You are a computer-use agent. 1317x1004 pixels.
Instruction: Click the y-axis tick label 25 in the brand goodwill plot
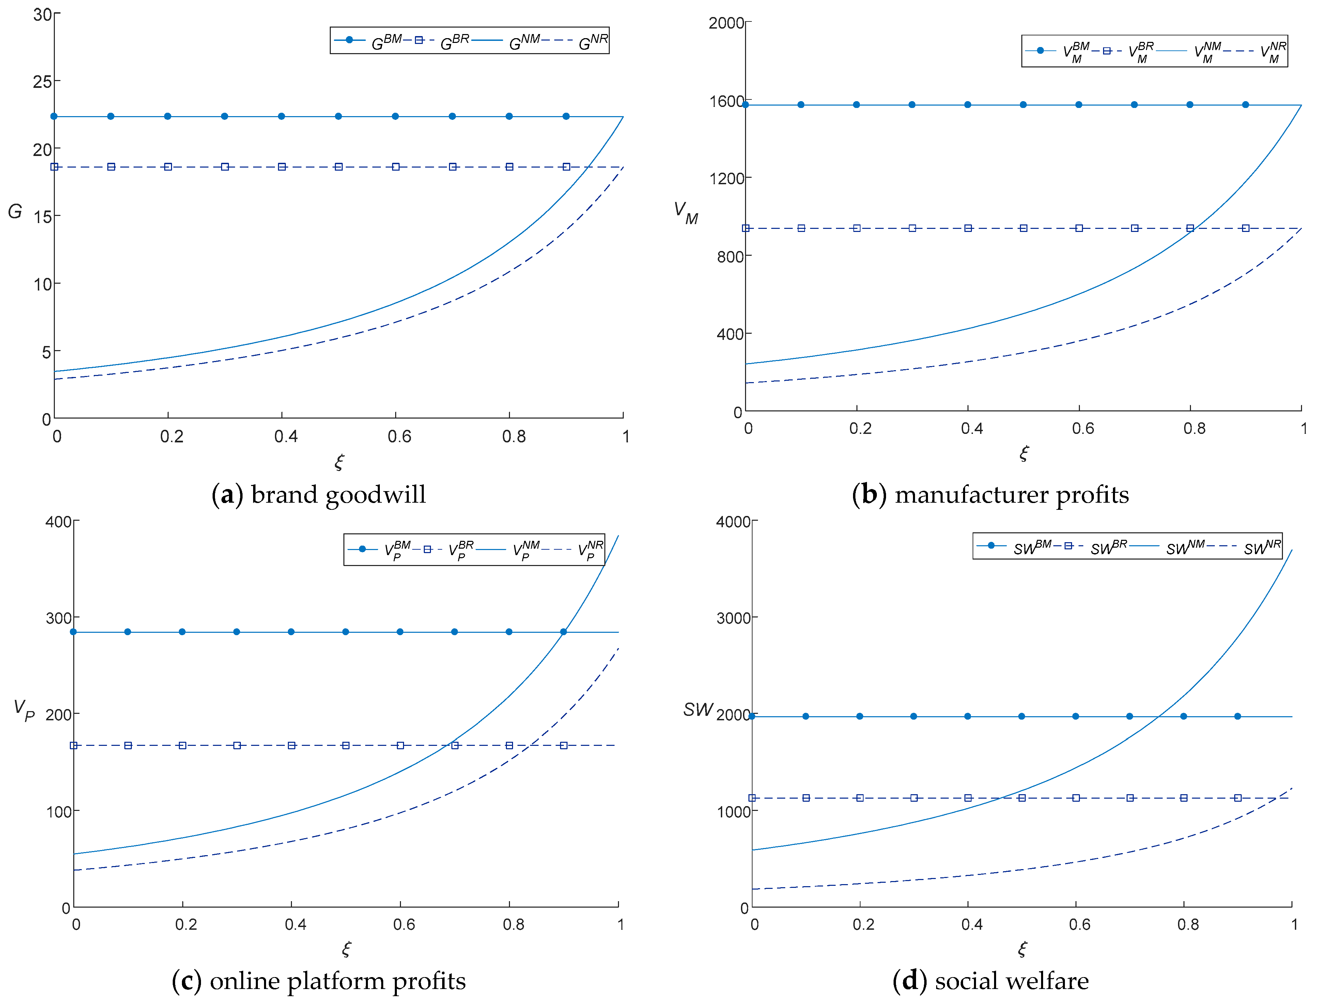pos(43,82)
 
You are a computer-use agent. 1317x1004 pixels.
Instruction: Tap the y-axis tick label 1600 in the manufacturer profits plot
pos(726,101)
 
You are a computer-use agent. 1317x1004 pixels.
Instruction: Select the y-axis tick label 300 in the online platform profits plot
pos(59,618)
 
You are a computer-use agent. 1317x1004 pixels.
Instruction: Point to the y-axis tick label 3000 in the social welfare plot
pos(733,618)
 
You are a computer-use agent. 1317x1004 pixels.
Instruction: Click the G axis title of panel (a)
pos(15,211)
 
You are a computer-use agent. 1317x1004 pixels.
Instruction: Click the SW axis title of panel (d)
pos(698,709)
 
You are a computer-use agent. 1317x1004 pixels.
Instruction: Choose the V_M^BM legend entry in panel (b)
pos(1076,51)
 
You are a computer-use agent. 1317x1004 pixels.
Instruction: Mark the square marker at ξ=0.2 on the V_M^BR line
pos(857,228)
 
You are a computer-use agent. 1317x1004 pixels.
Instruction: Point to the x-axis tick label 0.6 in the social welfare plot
pos(1079,925)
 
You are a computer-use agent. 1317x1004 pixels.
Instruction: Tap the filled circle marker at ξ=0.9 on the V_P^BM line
pos(563,632)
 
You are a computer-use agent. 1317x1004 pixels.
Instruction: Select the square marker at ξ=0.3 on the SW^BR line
pos(913,798)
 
